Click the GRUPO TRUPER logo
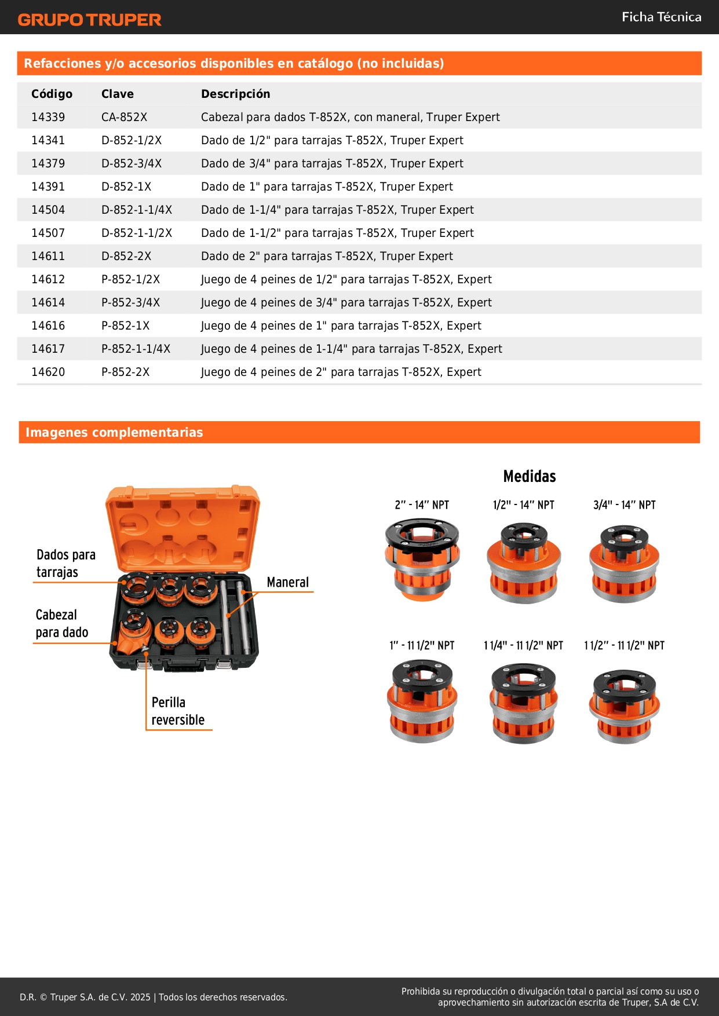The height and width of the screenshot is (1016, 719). (x=89, y=20)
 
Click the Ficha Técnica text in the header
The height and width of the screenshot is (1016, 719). (x=661, y=17)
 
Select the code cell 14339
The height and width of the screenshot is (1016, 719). (x=48, y=117)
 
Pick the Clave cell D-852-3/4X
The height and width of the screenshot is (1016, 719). (x=132, y=163)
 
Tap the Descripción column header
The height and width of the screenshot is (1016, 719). (x=235, y=94)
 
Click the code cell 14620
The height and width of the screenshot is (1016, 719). (x=48, y=372)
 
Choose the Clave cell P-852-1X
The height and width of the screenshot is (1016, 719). (x=125, y=326)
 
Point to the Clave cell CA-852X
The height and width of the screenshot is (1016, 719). (x=124, y=117)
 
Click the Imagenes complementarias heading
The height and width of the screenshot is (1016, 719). (x=114, y=432)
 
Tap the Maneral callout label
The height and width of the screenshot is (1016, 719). (x=287, y=582)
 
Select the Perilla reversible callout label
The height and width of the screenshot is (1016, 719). (x=178, y=711)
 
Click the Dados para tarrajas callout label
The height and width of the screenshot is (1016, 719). (x=65, y=563)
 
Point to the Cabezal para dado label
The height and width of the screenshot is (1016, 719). (x=61, y=623)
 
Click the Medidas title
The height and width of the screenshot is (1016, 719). (x=529, y=476)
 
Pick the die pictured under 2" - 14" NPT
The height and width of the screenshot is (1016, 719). (x=422, y=560)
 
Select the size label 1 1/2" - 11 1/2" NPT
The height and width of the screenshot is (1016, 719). (x=624, y=645)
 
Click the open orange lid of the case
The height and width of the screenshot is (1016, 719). (x=183, y=527)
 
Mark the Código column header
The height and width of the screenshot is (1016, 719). (x=52, y=94)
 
